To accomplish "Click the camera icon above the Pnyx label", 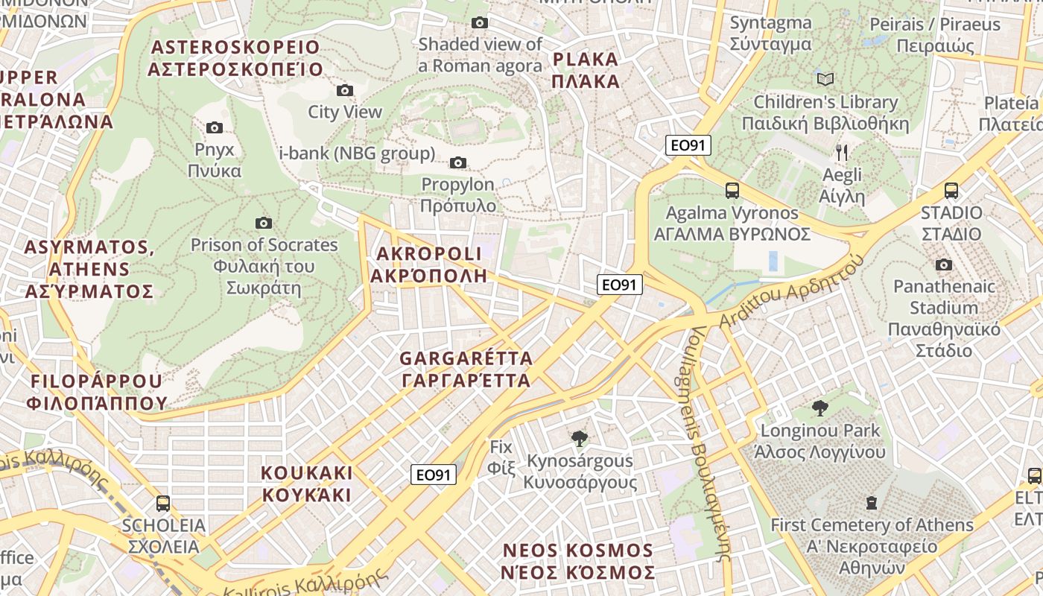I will tap(215, 127).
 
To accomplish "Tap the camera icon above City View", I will tap(345, 90).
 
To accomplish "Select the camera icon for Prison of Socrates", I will tap(263, 223).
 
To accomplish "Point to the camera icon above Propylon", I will tap(458, 162).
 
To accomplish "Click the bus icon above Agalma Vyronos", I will tap(732, 190).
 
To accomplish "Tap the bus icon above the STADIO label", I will tap(951, 190).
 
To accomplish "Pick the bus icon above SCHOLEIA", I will tap(163, 503).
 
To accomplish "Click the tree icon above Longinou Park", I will tap(820, 408).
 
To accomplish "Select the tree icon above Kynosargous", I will tap(579, 438).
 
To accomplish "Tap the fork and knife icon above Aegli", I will tap(842, 153).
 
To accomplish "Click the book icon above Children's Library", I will tap(825, 79).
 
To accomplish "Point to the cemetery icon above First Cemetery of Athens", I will tap(872, 503).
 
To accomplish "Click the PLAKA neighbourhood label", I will tap(586, 70).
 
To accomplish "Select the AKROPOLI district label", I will tap(429, 264).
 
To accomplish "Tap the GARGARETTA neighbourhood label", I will tap(466, 369).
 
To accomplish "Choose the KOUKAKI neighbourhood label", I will tap(306, 484).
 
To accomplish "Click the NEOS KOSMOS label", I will tap(578, 561).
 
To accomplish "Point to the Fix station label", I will tap(502, 457).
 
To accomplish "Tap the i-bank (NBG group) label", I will tap(357, 153).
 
